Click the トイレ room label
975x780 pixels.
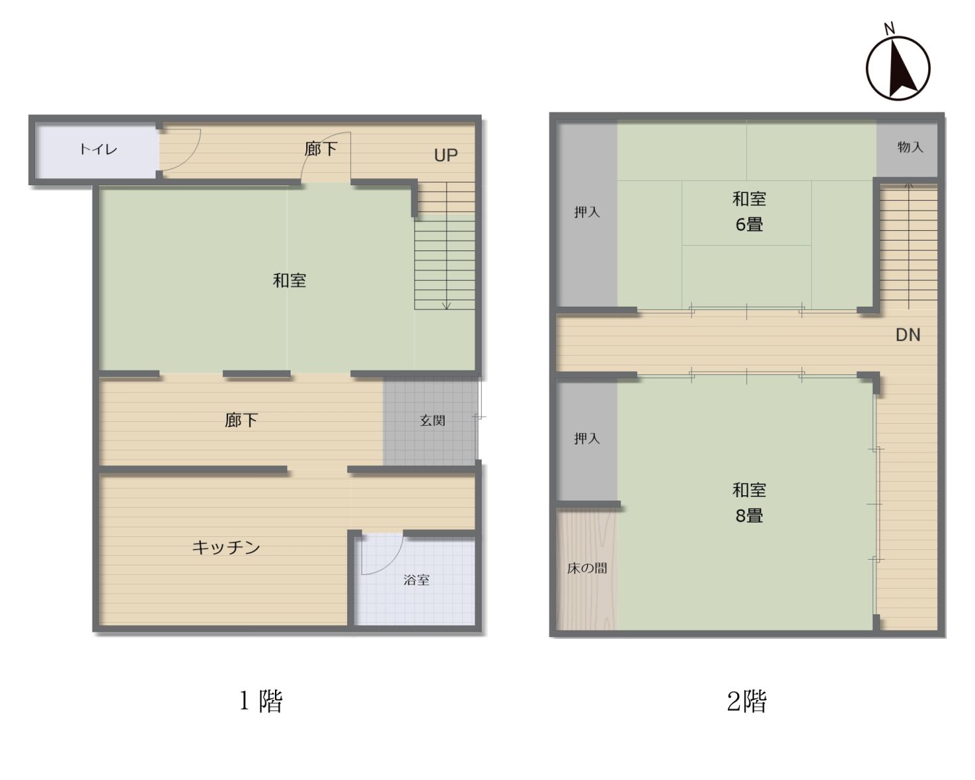[x=98, y=149]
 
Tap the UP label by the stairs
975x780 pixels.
[x=446, y=155]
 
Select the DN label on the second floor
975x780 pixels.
[x=908, y=335]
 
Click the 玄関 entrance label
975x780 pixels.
[x=432, y=421]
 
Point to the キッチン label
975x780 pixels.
[x=226, y=547]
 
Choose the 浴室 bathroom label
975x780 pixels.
[x=416, y=580]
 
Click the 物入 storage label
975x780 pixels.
[x=910, y=147]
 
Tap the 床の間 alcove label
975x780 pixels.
[x=587, y=568]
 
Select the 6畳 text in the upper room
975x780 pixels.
[x=749, y=224]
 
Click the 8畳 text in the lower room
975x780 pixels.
[x=749, y=515]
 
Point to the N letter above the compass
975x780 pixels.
[x=889, y=29]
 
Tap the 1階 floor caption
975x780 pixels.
[x=261, y=701]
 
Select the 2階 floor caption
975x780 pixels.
[x=747, y=701]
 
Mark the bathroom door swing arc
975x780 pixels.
[x=392, y=562]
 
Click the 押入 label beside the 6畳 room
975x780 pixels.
[x=587, y=212]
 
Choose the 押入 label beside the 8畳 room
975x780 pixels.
[x=587, y=438]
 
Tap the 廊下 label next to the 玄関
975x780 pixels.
[x=241, y=420]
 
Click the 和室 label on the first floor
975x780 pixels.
[x=289, y=281]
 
